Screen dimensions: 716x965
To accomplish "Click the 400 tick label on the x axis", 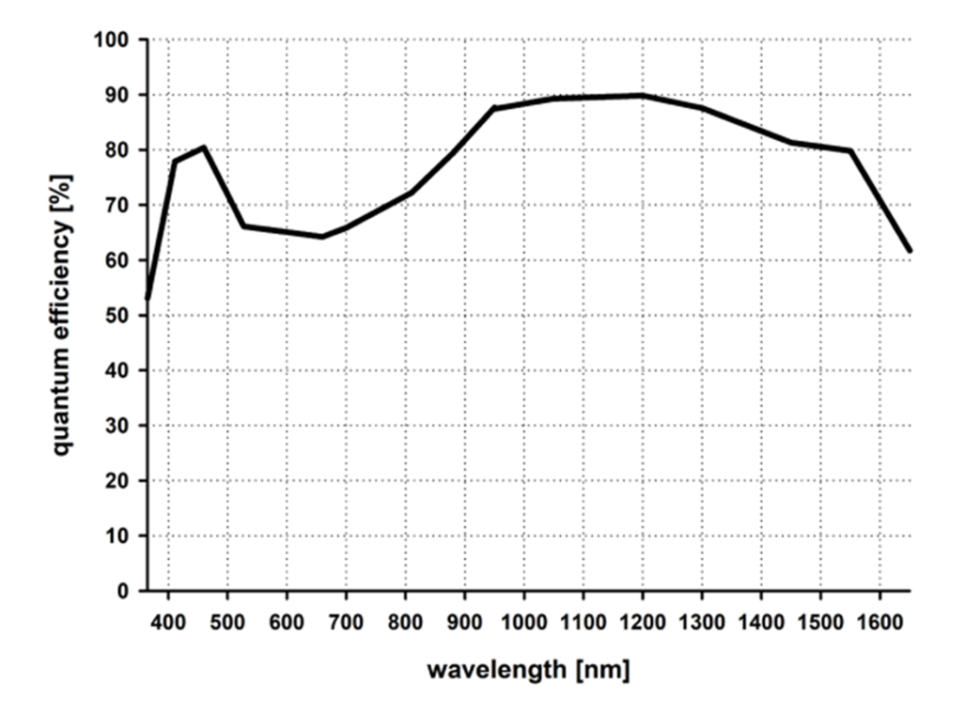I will (x=168, y=621).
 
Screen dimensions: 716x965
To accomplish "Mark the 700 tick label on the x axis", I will (x=346, y=621).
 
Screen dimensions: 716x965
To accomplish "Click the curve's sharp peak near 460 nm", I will (x=204, y=147).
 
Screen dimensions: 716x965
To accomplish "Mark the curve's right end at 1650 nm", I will (x=910, y=251).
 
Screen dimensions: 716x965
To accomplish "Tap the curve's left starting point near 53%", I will (x=148, y=299).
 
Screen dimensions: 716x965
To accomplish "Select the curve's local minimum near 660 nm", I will (x=322, y=237).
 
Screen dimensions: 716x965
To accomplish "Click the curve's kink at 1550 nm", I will (x=850, y=150).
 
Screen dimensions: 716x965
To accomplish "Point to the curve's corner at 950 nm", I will (x=494, y=109).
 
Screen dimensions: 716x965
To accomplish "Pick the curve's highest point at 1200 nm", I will (x=643, y=95).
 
